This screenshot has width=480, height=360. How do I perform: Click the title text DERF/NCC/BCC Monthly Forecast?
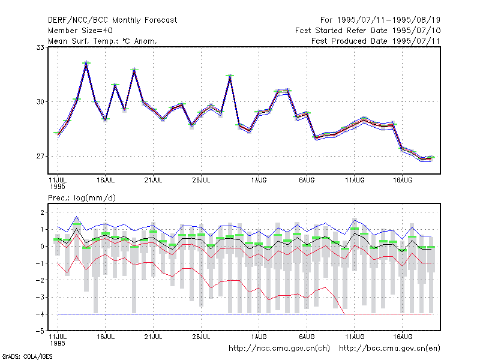[112, 20]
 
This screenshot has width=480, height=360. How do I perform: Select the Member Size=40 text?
[80, 31]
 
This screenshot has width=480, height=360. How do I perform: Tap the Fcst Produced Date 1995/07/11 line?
[376, 41]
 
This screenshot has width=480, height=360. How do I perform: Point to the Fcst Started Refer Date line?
[368, 31]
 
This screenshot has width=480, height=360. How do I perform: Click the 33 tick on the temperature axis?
[40, 47]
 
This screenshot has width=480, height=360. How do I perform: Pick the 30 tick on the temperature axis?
[40, 101]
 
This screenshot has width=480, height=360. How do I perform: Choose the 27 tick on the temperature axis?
[40, 157]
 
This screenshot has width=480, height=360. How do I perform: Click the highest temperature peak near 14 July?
[86, 61]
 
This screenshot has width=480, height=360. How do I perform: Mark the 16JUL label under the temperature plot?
[106, 181]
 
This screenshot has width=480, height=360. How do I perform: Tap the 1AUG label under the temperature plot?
[259, 181]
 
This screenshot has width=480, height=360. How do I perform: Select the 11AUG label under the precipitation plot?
[355, 337]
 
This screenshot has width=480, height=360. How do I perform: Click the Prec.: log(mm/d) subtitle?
[82, 198]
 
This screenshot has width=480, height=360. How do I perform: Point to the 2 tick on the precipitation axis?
[42, 212]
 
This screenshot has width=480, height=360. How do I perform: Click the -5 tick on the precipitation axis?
[40, 331]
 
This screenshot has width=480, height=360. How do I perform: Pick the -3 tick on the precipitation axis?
[40, 297]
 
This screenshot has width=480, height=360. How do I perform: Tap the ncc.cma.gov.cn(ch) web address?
[279, 349]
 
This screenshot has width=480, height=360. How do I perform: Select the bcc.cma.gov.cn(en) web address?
[389, 349]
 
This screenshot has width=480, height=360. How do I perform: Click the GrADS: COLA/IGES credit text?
[27, 356]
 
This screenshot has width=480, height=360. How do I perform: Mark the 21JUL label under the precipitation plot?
[154, 337]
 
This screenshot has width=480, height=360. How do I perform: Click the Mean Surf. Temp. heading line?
[103, 41]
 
